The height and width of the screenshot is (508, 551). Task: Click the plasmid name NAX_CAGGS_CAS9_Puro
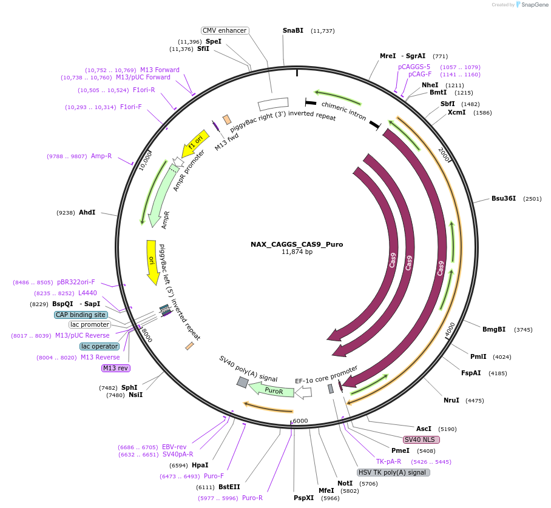point(297,244)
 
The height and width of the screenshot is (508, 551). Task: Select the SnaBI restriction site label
point(293,30)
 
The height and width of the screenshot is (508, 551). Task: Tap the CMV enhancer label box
point(225,30)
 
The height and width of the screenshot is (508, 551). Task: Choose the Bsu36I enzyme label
point(504,198)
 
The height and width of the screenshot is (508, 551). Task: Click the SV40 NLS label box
point(421,439)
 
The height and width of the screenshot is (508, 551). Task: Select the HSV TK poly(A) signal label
point(393,472)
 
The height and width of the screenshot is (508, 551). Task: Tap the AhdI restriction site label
point(87,212)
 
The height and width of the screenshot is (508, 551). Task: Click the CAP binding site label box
point(81,315)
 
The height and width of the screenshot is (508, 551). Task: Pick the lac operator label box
point(100,346)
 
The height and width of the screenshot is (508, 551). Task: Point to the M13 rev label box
point(115,368)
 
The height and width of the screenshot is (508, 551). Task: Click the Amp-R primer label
point(101,156)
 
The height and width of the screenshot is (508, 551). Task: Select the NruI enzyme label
point(451,400)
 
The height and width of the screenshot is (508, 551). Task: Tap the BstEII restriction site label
point(229,487)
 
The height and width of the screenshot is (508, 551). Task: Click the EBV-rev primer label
point(174,447)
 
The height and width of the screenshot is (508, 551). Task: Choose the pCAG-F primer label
point(420,74)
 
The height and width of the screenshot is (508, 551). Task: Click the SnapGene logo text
point(533,4)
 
